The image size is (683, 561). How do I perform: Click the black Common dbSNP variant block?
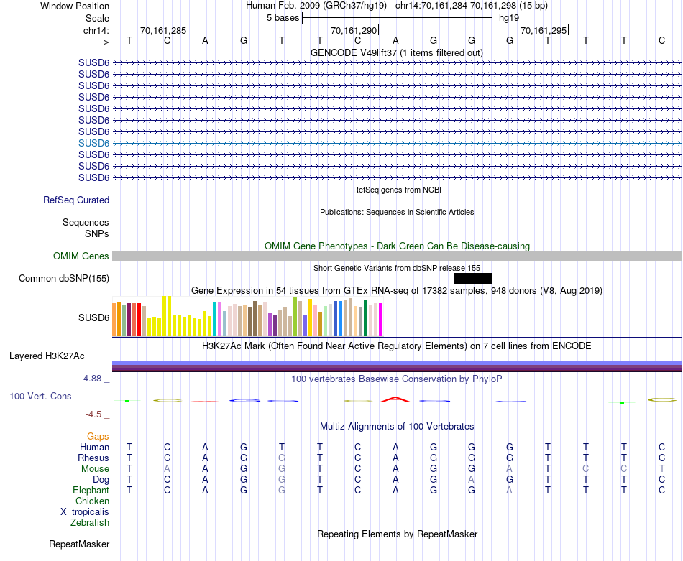(473, 278)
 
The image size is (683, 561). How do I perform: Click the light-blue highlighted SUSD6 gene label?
(93, 143)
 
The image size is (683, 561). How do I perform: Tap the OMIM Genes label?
(81, 256)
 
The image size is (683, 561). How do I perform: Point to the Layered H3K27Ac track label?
(47, 356)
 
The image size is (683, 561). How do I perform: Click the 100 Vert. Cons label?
(42, 397)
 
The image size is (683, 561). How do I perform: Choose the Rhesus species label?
(94, 458)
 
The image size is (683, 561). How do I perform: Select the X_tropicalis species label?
(85, 512)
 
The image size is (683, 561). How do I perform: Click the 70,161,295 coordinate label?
(544, 31)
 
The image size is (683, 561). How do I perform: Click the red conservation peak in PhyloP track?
(394, 398)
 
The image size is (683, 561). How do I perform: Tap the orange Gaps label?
(98, 437)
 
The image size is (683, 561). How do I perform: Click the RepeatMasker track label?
(79, 544)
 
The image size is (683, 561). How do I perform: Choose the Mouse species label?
(95, 469)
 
